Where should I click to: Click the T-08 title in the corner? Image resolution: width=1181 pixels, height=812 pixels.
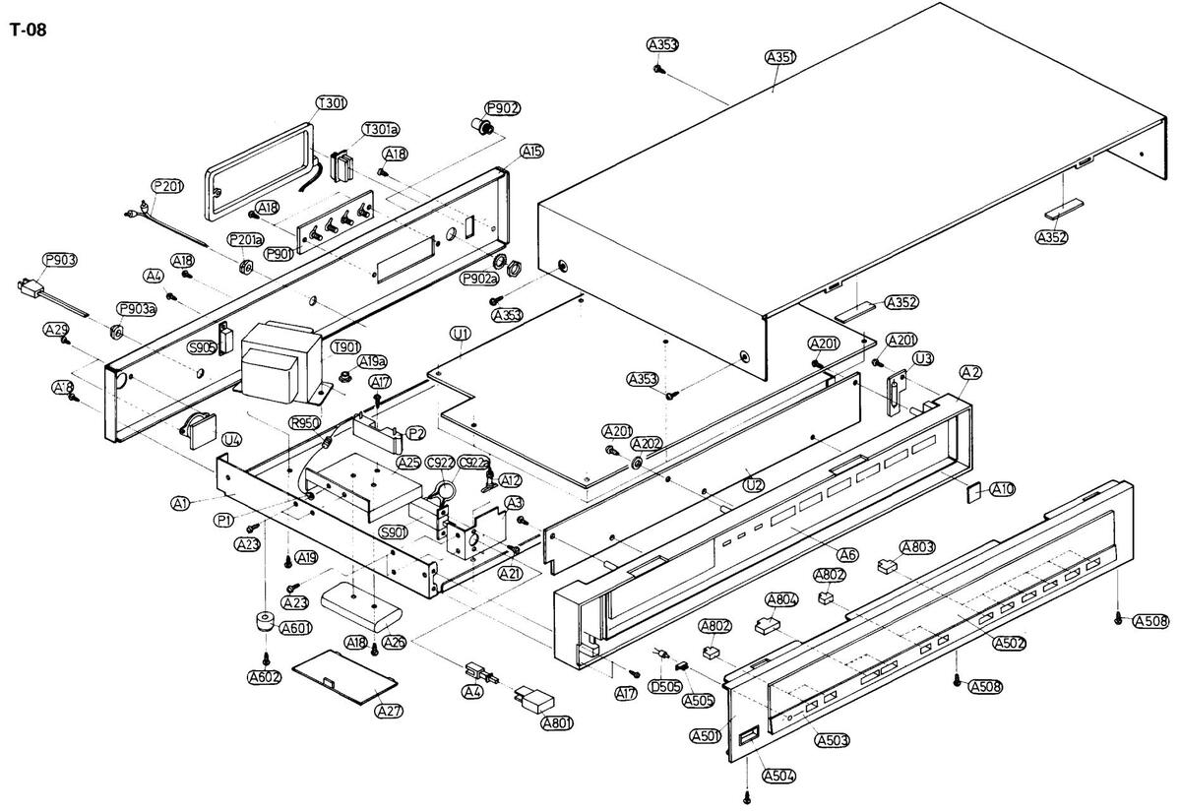point(28,30)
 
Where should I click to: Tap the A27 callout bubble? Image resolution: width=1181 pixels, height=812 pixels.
point(390,711)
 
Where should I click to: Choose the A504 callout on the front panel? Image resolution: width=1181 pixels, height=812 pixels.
point(777,776)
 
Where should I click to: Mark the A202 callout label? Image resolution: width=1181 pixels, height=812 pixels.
point(647,444)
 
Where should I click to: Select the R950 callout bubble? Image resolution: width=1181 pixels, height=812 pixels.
point(305,423)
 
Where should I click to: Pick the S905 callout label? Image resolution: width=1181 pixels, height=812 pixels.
point(203,347)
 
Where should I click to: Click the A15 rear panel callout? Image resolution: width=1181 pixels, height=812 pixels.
point(531,151)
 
